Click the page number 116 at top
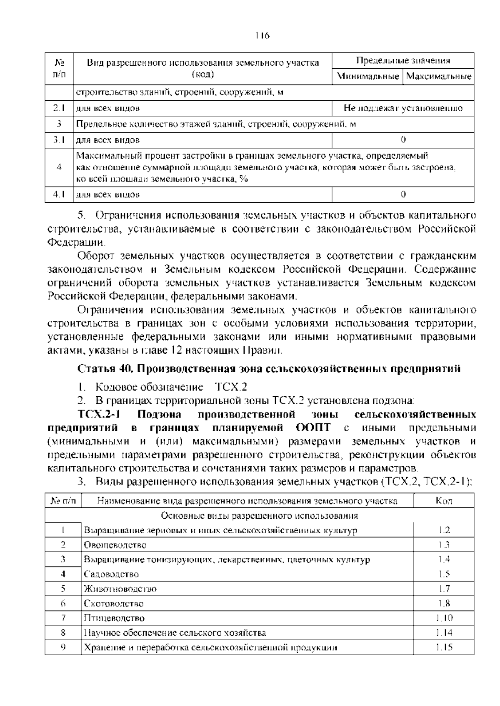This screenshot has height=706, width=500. tap(262, 35)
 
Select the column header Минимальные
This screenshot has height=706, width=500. tap(367, 77)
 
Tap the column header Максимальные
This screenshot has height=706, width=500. tap(438, 77)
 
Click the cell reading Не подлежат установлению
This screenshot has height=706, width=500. tap(403, 108)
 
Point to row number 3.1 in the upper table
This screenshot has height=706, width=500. tap(59, 140)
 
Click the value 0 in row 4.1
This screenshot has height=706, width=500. tap(403, 194)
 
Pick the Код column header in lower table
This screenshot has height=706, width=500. tap(443, 501)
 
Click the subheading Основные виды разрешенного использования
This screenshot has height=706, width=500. tap(259, 516)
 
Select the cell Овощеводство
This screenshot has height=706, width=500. tap(115, 545)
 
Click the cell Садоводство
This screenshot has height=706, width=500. tap(111, 574)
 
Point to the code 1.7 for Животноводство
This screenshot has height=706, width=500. tap(444, 589)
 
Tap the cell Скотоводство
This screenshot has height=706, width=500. tap(113, 604)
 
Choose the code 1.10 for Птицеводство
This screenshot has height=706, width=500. tap(444, 618)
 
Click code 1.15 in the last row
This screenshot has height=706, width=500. tap(444, 648)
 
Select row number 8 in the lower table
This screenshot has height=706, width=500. tap(63, 633)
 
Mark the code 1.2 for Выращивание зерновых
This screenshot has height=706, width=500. tap(444, 530)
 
